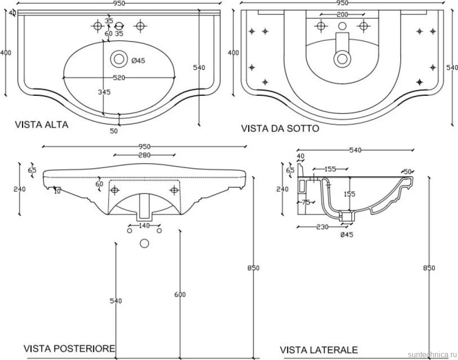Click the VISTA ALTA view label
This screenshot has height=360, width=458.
(42, 125)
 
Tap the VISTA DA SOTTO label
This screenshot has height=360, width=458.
(280, 128)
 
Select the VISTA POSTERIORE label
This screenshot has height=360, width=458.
(69, 348)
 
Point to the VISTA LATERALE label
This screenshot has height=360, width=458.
(319, 350)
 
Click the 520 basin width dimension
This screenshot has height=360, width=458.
(119, 78)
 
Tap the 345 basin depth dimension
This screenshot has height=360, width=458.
(104, 92)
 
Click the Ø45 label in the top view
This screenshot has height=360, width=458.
(138, 61)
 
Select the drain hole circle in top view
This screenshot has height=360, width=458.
(119, 59)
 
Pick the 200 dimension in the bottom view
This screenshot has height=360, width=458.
(342, 15)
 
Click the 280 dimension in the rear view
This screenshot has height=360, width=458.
(144, 155)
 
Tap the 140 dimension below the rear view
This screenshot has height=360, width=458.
(144, 226)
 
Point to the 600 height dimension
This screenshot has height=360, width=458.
(180, 294)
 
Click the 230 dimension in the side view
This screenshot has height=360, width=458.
(322, 227)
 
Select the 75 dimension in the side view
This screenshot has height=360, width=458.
(306, 202)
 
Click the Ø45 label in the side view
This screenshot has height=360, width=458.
(347, 234)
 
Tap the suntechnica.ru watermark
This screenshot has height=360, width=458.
(433, 354)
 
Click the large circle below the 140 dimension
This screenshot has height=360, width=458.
(144, 243)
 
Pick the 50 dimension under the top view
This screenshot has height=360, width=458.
(114, 131)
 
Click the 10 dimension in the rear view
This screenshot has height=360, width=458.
(57, 191)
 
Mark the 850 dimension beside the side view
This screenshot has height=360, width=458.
(429, 268)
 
